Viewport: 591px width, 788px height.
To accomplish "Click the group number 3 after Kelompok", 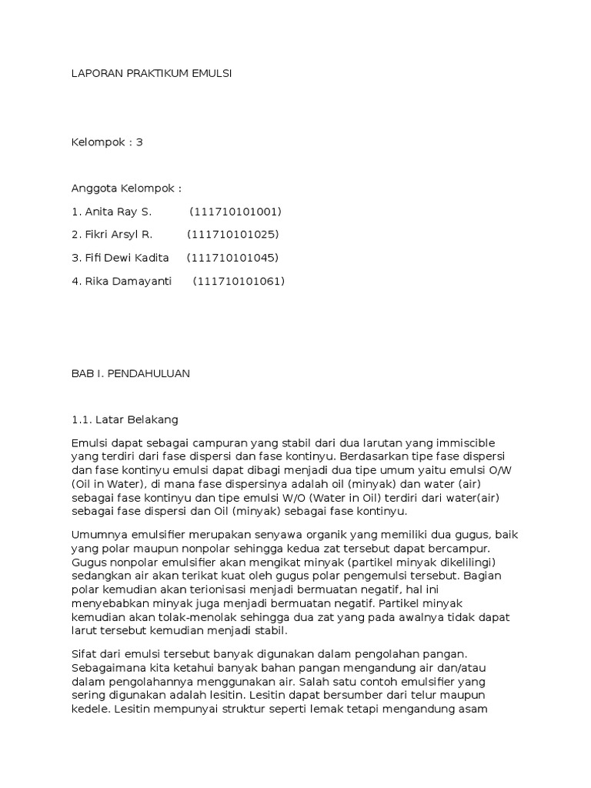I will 139,142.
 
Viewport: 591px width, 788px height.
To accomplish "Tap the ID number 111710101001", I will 235,212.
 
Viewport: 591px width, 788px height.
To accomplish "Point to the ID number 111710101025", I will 233,234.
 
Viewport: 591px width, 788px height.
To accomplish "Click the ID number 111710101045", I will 233,257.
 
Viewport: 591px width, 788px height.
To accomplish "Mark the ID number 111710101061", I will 239,281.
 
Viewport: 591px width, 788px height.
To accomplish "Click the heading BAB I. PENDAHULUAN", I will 130,374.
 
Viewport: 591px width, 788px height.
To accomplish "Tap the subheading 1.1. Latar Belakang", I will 124,420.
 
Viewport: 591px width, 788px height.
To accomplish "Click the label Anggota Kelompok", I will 126,189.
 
